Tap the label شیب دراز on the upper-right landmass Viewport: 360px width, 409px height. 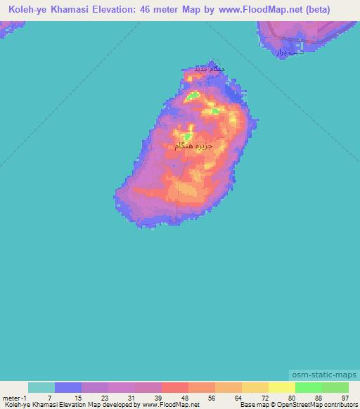click(x=288, y=51)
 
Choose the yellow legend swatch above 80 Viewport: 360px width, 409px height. click(x=281, y=387)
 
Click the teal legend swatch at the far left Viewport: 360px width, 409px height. click(x=41, y=387)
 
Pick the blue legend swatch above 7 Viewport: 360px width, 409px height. click(x=68, y=387)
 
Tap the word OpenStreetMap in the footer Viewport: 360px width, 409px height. click(x=293, y=405)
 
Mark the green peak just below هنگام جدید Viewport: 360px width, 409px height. click(x=193, y=95)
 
